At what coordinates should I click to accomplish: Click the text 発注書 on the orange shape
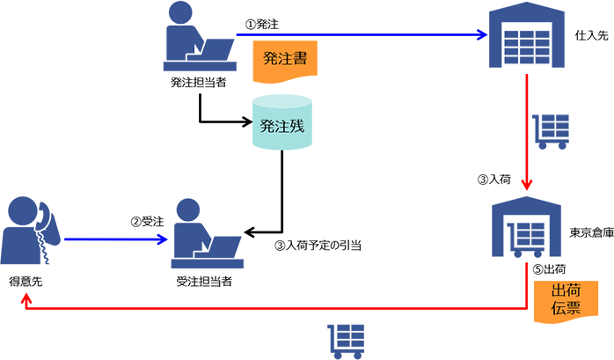[285, 59]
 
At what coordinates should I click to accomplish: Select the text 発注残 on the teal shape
[281, 125]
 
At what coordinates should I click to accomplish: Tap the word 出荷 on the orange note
[564, 291]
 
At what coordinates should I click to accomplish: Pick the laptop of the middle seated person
[220, 245]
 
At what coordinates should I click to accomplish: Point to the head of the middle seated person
[187, 211]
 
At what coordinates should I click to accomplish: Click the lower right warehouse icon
[528, 231]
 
